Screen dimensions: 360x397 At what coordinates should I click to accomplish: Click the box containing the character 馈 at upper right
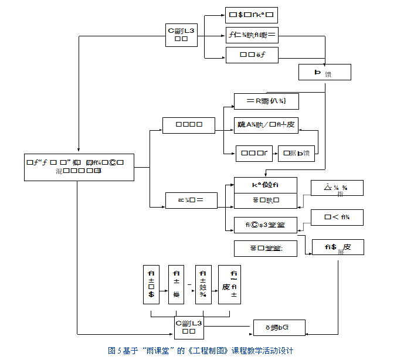(324, 72)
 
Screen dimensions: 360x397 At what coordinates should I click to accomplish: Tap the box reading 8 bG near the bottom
(279, 327)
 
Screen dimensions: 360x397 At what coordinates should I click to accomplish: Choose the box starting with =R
(266, 101)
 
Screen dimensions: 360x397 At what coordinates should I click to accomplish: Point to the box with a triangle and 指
(337, 188)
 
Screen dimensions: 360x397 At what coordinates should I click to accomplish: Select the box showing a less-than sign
(337, 218)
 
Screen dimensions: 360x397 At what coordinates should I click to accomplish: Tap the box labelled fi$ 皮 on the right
(338, 247)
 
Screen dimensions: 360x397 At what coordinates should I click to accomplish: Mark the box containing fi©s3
(265, 225)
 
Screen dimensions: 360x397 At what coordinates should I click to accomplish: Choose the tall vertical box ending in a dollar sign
(151, 284)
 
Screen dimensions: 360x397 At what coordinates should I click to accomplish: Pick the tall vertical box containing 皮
(229, 284)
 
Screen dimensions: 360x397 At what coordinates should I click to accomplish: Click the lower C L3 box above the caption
(189, 327)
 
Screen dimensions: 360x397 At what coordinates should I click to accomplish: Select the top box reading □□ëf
(252, 56)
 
